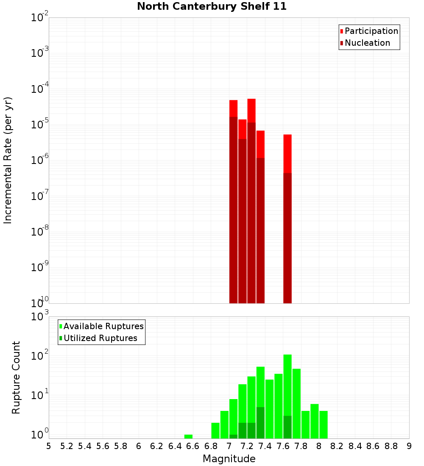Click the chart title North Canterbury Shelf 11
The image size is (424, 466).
pos(212,7)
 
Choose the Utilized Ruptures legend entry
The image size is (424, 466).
pos(100,338)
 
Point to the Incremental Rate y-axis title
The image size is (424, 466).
pos(8,160)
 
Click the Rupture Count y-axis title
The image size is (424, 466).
pos(16,377)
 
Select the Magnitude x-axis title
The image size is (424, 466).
pos(229,459)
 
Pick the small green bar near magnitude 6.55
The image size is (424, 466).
pos(188,436)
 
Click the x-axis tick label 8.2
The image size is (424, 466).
pos(337,446)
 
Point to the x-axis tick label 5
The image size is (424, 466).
pos(49,446)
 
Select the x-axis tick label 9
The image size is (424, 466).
pos(409,446)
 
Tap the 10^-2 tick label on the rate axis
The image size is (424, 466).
pos(39,18)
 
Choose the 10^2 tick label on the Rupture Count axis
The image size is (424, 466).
pos(39,356)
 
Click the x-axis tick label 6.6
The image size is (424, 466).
pos(193,446)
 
